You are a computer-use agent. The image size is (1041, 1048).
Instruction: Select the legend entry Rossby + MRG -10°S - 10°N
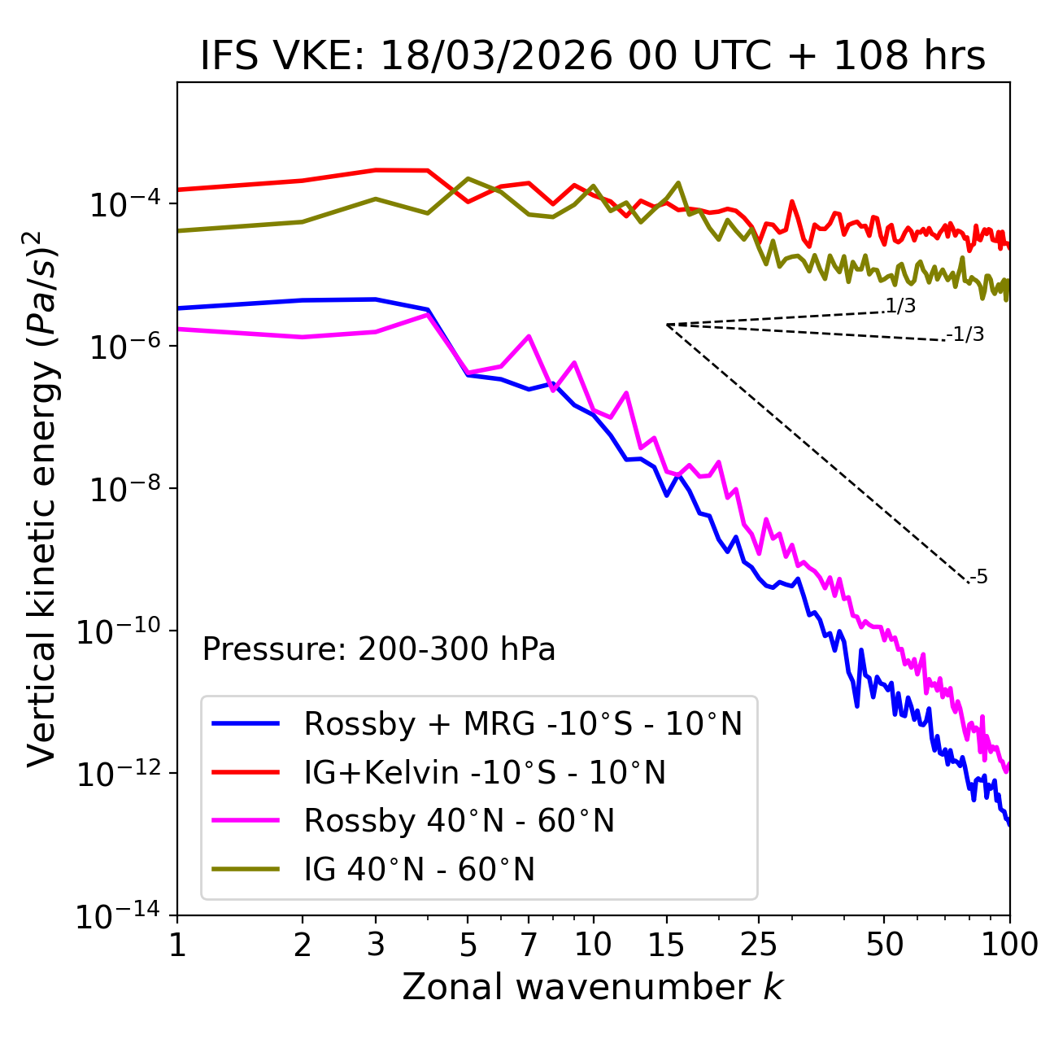pos(522,723)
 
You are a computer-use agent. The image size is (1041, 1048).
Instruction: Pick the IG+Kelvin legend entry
pos(485,772)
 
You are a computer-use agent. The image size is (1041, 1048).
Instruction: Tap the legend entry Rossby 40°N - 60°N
pos(459,821)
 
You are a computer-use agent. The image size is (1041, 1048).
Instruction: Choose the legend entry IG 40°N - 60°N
pos(419,870)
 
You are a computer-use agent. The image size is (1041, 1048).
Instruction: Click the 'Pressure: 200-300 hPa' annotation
pos(378,649)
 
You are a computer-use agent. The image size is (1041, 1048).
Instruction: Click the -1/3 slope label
pos(965,334)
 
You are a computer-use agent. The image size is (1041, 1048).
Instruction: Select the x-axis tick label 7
pos(529,945)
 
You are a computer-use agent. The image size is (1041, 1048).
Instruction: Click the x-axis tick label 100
pos(1010,945)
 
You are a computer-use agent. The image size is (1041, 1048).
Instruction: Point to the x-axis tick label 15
pos(666,945)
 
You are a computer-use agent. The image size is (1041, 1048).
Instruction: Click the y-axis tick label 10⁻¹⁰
pos(118,631)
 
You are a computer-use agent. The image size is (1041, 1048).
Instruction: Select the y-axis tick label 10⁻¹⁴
pos(118,916)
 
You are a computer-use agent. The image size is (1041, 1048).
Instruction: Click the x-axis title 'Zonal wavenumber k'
pos(592,987)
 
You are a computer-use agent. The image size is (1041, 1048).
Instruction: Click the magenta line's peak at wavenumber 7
pos(529,336)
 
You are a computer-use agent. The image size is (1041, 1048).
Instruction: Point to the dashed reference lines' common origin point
pos(666,325)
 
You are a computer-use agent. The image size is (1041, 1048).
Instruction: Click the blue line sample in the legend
pos(246,723)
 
